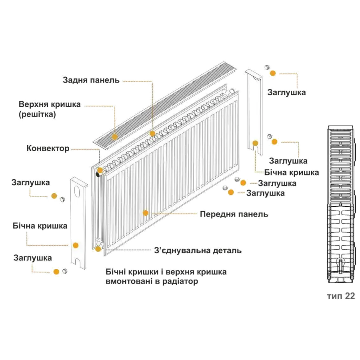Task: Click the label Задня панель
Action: [91, 80]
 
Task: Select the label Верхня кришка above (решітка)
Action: [50, 104]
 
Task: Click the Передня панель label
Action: [234, 214]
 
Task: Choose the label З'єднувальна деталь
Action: [198, 251]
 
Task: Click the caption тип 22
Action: [340, 296]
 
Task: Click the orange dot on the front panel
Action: [146, 213]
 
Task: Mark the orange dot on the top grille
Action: [115, 136]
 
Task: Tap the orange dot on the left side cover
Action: [75, 245]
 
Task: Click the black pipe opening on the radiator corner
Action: [99, 175]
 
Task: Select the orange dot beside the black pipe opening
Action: [99, 170]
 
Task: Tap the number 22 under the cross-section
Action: [350, 296]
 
